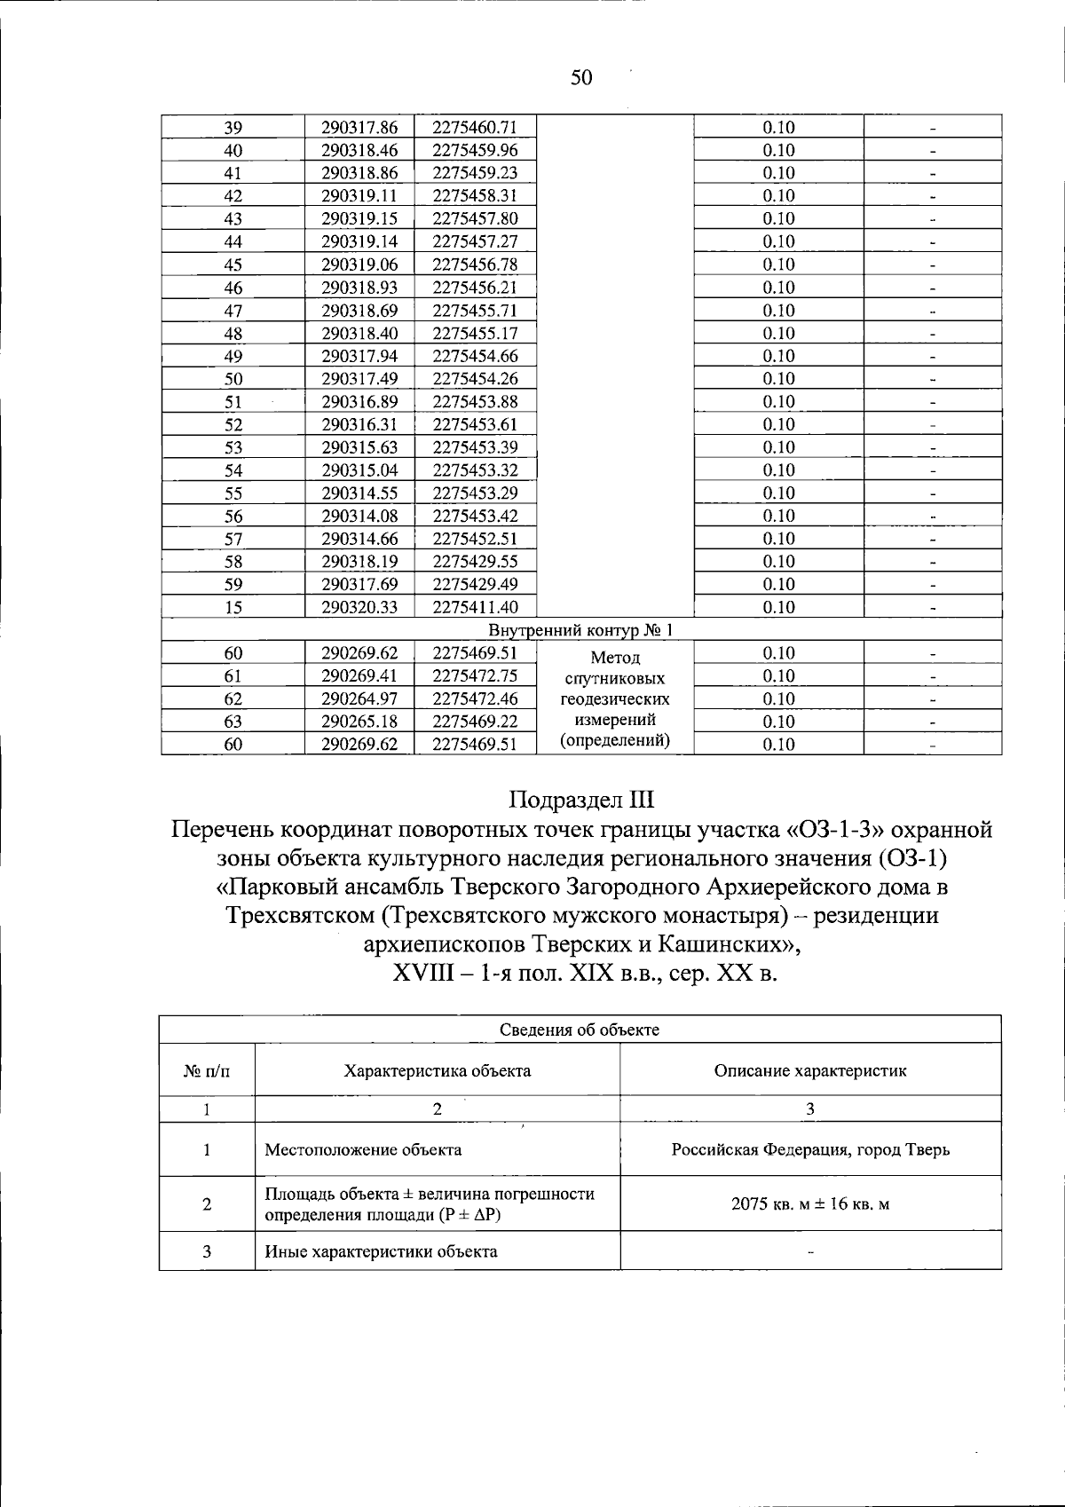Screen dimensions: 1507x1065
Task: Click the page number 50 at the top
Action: [581, 78]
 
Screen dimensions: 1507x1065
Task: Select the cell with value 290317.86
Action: [359, 127]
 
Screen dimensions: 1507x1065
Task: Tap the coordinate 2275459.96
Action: [475, 150]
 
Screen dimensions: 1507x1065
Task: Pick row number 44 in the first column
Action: [233, 241]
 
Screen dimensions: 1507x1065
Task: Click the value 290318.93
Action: [359, 288]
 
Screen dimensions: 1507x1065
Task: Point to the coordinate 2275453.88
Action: [475, 402]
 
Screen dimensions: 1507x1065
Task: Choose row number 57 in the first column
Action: [233, 539]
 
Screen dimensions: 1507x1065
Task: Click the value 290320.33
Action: [359, 607]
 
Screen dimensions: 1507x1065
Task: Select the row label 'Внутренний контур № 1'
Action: [581, 630]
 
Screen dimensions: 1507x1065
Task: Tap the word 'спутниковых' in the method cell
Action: [615, 679]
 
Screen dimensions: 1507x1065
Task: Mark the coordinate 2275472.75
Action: [475, 676]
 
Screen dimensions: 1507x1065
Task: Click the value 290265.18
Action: [359, 722]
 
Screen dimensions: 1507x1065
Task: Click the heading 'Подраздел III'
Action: [581, 800]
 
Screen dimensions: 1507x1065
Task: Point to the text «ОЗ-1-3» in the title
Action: [835, 830]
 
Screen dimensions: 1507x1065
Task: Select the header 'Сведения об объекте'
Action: [580, 1030]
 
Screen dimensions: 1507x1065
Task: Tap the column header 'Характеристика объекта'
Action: [438, 1070]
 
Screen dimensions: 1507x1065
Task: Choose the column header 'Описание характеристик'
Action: [810, 1070]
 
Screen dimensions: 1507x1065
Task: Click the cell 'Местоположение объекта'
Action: [363, 1150]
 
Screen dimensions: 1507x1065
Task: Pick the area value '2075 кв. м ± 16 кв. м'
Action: [810, 1204]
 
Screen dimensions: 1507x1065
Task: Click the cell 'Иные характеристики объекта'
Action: [381, 1251]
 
